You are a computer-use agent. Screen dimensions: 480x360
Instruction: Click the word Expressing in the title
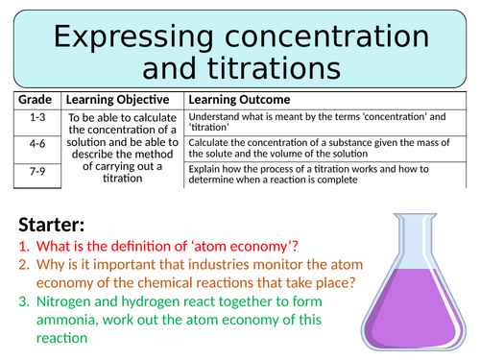coord(133,37)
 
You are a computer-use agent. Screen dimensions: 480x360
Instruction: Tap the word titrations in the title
coord(275,68)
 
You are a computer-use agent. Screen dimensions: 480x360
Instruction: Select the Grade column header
coord(35,100)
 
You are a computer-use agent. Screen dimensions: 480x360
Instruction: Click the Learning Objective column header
coord(117,100)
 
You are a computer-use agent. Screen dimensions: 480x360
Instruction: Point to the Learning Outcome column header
coord(239,100)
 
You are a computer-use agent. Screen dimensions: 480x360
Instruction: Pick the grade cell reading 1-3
coord(37,117)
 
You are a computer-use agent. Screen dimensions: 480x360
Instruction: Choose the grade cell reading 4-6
coord(37,144)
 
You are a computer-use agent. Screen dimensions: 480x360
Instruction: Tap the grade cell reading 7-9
coord(37,171)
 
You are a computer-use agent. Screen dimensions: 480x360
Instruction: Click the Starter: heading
coord(52,225)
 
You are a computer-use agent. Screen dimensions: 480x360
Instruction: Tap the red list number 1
coord(24,247)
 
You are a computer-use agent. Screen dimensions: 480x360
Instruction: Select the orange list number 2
coord(24,265)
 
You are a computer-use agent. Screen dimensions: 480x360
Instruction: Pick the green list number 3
coord(24,301)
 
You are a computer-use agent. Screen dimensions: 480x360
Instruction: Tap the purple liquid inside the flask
coord(414,309)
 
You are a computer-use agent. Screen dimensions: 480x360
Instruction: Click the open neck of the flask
coord(415,216)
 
